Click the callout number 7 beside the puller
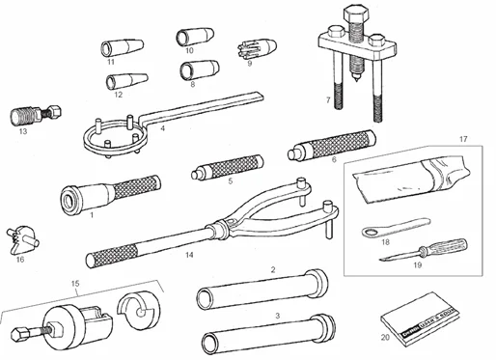[x=328, y=100]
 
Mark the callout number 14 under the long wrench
[x=190, y=255]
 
